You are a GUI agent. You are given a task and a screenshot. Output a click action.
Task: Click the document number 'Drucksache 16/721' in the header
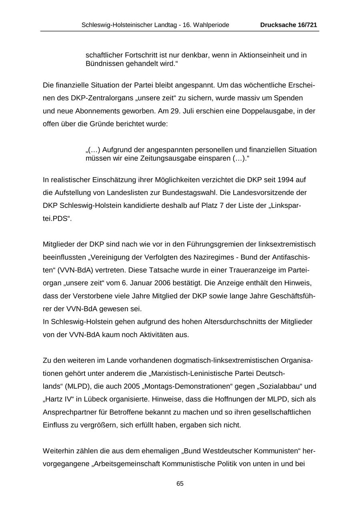click(x=288, y=25)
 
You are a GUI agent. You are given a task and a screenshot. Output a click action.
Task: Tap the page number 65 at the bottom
click(x=180, y=484)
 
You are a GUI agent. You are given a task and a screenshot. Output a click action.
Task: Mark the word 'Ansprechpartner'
click(x=68, y=412)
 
